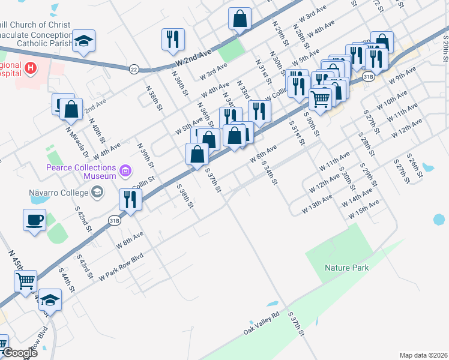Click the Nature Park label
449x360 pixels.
(347, 268)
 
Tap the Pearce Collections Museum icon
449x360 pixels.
(125, 172)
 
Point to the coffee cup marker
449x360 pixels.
(34, 219)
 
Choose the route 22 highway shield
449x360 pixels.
(133, 70)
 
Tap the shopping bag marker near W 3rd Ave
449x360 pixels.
(240, 19)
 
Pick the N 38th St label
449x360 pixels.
(154, 97)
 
